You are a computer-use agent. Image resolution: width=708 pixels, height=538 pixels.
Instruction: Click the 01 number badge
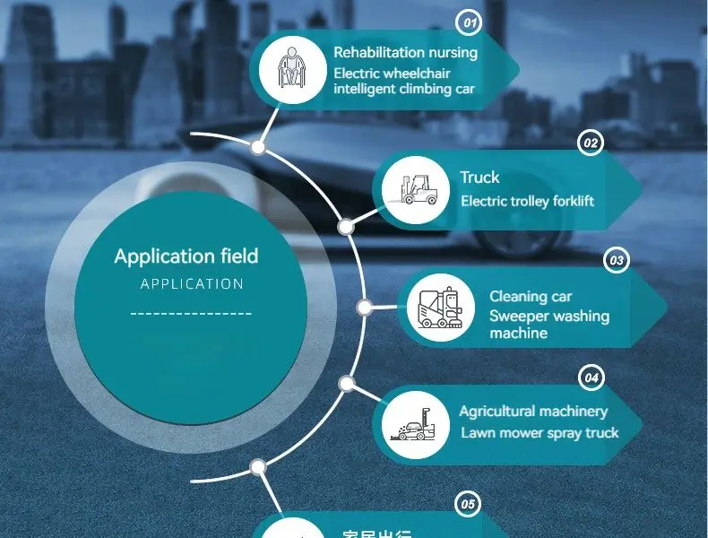point(468,22)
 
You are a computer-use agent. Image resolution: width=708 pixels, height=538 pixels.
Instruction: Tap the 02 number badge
point(590,143)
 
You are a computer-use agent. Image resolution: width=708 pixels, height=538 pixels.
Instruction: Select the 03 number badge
point(617,261)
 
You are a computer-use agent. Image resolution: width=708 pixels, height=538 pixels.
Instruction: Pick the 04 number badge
point(591,377)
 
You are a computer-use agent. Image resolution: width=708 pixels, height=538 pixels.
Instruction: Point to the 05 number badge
point(468,504)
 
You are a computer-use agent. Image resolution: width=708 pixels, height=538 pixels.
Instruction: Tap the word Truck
point(479,178)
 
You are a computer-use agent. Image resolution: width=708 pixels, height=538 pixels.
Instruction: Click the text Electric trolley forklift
point(527,201)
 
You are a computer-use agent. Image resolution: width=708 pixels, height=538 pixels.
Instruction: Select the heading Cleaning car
point(531,296)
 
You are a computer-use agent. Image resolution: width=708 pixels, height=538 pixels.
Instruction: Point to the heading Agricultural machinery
point(533,412)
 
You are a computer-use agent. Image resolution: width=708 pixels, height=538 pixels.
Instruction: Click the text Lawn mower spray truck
point(540,433)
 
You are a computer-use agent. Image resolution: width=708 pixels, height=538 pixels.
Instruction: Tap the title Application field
point(186,256)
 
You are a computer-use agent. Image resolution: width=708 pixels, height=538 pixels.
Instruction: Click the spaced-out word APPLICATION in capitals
point(192,284)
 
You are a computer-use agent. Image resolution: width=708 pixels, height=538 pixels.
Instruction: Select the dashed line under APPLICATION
point(191,314)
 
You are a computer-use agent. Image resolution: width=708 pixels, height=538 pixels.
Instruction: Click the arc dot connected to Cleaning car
point(364,308)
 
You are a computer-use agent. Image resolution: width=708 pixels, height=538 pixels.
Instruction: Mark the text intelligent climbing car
point(404,89)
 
